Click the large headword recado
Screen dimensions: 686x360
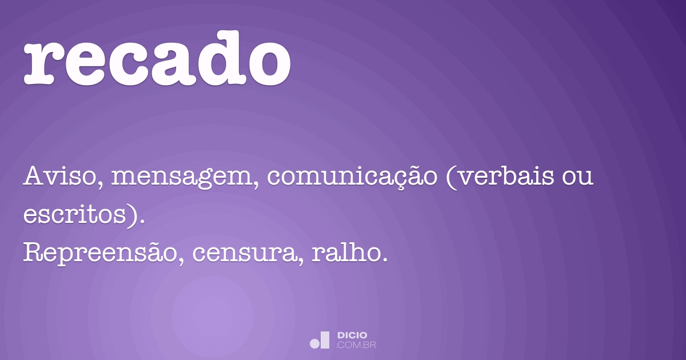(x=157, y=58)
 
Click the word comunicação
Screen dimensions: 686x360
(x=352, y=178)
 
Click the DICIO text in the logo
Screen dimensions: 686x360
(x=352, y=335)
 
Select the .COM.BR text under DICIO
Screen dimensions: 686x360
(x=356, y=345)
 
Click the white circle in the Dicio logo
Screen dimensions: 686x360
(x=314, y=343)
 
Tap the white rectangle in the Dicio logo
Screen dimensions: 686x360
(x=325, y=340)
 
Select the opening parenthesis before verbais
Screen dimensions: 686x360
(x=451, y=178)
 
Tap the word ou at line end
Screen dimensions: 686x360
(x=577, y=178)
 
